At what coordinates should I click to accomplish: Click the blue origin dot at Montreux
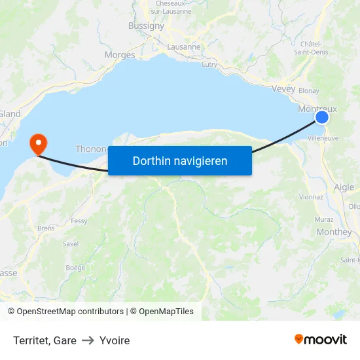(322, 117)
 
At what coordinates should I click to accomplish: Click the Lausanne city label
(184, 47)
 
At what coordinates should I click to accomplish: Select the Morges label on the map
(120, 55)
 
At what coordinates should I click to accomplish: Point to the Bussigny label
(146, 26)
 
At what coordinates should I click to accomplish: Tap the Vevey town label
(283, 88)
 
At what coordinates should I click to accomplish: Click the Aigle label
(344, 187)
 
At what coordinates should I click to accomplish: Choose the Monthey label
(334, 232)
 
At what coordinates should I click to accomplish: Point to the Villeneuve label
(323, 139)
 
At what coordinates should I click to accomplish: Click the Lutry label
(209, 64)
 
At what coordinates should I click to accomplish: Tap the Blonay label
(308, 91)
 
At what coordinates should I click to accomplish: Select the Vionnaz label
(311, 196)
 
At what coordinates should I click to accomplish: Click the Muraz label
(324, 219)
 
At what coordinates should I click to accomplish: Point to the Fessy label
(79, 221)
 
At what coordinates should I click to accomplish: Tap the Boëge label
(75, 268)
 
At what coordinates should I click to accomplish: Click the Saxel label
(70, 243)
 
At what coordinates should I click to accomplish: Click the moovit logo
(321, 340)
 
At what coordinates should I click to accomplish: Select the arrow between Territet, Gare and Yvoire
(88, 340)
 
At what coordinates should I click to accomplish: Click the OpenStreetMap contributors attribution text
(70, 312)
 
